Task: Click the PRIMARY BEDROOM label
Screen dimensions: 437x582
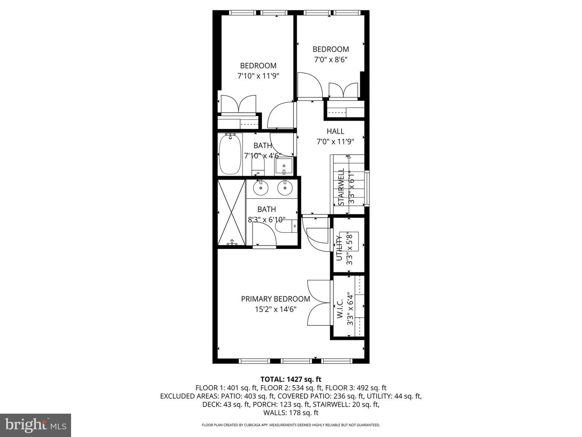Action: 275,299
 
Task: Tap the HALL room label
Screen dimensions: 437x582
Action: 335,131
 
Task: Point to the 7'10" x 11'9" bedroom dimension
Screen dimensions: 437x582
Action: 258,76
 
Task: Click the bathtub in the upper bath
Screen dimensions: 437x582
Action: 230,155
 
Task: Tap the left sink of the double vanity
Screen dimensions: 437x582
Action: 261,187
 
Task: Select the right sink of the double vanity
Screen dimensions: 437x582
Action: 285,187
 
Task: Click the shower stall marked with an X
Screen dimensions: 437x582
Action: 231,213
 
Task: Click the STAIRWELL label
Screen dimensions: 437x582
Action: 341,187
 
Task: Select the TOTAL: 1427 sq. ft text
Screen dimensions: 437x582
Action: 291,379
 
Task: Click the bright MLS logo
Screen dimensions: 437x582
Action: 36,425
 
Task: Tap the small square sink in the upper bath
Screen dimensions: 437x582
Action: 284,166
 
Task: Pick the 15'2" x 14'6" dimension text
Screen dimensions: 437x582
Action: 275,310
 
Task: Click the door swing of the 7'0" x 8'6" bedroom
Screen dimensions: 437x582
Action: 309,85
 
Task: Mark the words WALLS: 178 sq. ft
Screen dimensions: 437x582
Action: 291,413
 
